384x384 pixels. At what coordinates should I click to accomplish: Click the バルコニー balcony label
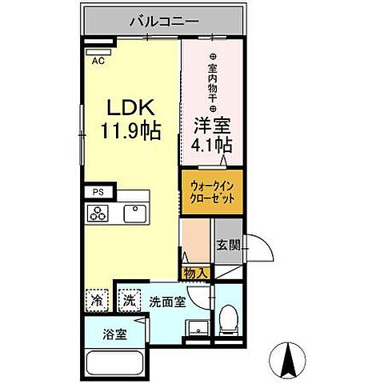point(164,22)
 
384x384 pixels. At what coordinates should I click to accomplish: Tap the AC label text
point(98,60)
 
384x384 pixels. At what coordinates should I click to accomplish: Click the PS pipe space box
point(98,192)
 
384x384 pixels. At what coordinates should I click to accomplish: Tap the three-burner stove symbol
point(99,214)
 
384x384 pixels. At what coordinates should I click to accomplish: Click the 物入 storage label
point(196,274)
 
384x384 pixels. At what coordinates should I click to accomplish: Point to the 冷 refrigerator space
point(97,302)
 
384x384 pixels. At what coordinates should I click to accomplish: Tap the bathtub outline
point(114,365)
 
